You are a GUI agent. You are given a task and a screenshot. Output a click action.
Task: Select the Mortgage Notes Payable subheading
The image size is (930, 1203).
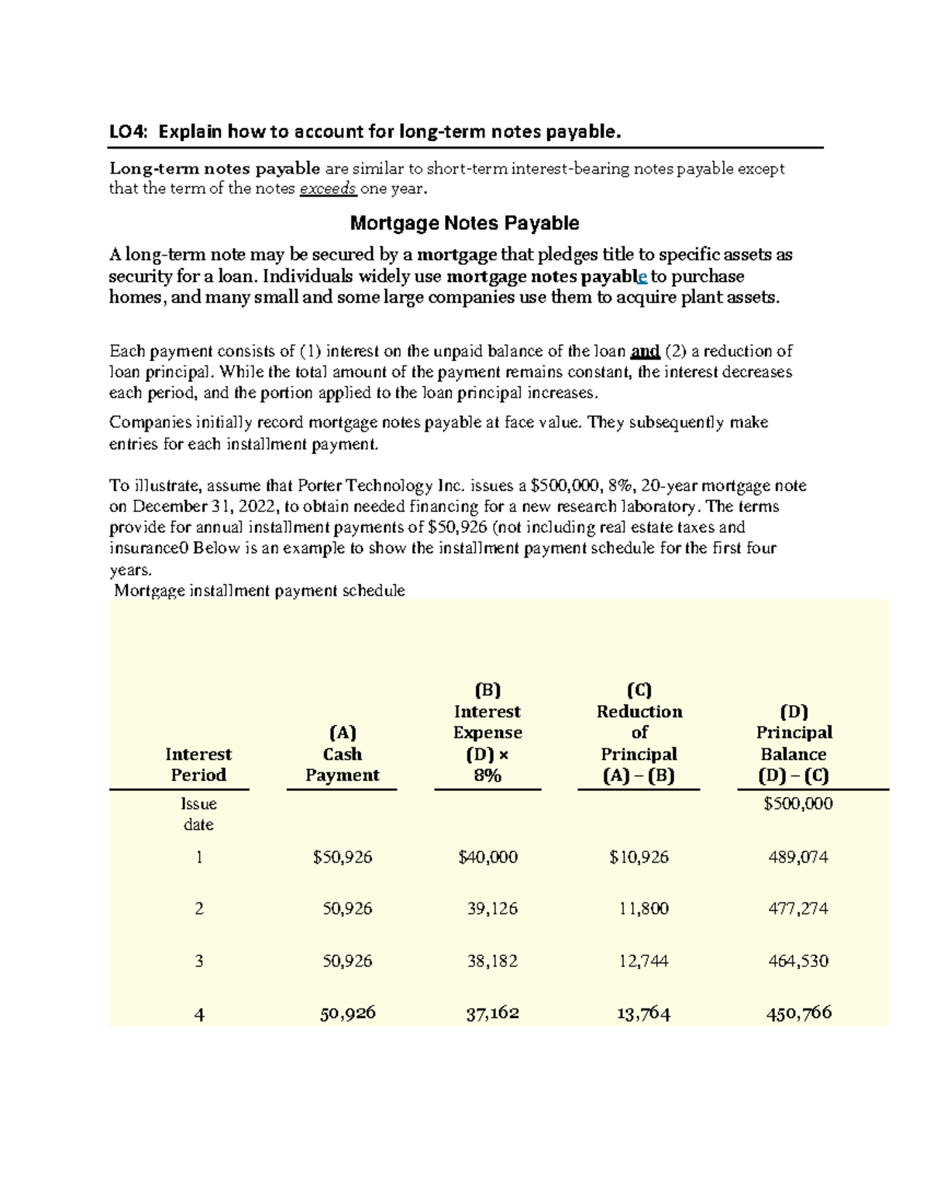464,223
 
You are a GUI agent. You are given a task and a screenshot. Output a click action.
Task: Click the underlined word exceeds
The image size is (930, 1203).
328,188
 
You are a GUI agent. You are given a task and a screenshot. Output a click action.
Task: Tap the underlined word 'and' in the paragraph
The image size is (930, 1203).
645,351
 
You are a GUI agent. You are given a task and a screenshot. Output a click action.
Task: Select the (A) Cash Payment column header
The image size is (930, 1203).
342,754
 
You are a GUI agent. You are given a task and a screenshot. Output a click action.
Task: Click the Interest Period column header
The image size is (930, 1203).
198,765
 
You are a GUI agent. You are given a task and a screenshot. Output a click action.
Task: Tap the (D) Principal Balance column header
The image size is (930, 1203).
794,744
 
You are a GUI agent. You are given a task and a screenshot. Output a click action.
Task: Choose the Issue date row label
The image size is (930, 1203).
198,814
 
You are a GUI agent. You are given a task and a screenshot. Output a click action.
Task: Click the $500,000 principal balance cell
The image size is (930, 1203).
797,804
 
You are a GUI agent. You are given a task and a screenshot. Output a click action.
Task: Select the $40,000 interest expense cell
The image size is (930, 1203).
488,858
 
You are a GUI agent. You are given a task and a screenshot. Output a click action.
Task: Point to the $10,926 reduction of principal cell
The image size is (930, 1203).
639,858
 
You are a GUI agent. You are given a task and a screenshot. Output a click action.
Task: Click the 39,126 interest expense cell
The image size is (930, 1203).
492,909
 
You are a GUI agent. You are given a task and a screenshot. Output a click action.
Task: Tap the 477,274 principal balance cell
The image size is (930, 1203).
797,909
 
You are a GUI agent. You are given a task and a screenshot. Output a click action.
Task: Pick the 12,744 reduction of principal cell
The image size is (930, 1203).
643,961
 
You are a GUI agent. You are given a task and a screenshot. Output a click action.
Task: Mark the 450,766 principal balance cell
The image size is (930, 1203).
798,1013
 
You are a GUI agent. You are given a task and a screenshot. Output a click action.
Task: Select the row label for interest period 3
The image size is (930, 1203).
199,961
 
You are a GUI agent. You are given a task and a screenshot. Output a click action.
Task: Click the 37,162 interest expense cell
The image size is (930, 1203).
492,1013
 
